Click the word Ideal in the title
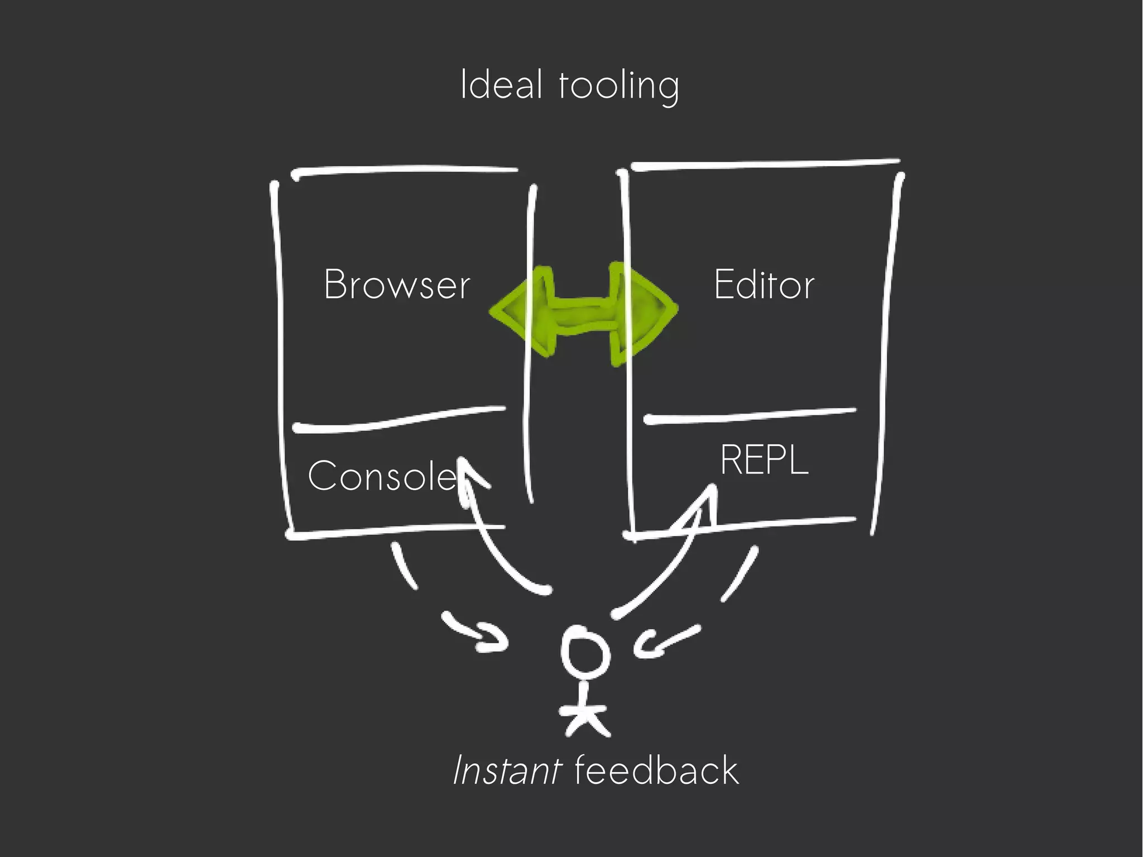coord(501,85)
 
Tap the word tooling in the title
coord(619,87)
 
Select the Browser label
coord(397,285)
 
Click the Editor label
coord(764,285)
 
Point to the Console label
coord(382,476)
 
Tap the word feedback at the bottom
coord(656,770)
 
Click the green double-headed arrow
coord(583,313)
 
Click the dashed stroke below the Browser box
coord(404,567)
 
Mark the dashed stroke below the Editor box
coord(739,575)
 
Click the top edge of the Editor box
coord(765,165)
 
